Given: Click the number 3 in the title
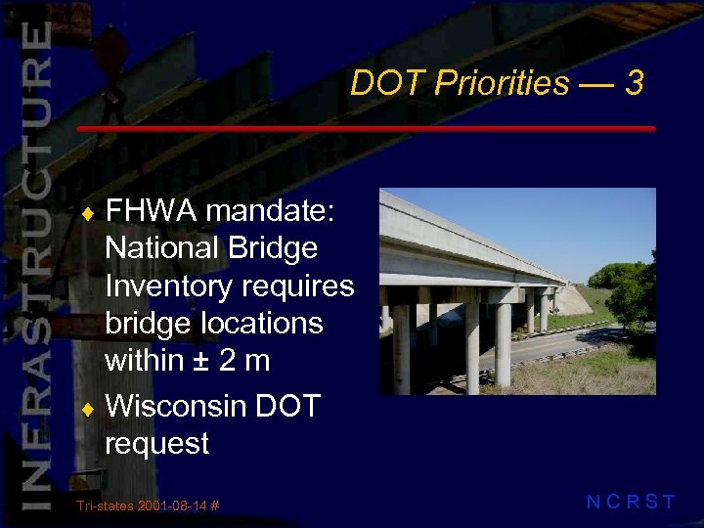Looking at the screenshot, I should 635,83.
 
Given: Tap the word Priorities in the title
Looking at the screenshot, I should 502,84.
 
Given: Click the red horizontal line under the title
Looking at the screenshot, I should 366,129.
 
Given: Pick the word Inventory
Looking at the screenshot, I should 171,286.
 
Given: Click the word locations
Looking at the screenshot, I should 253,324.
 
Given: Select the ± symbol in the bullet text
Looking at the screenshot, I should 201,362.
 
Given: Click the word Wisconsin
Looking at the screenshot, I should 175,406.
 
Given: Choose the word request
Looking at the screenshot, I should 156,445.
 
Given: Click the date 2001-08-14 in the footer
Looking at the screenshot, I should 172,506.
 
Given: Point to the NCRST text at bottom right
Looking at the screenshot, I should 631,503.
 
